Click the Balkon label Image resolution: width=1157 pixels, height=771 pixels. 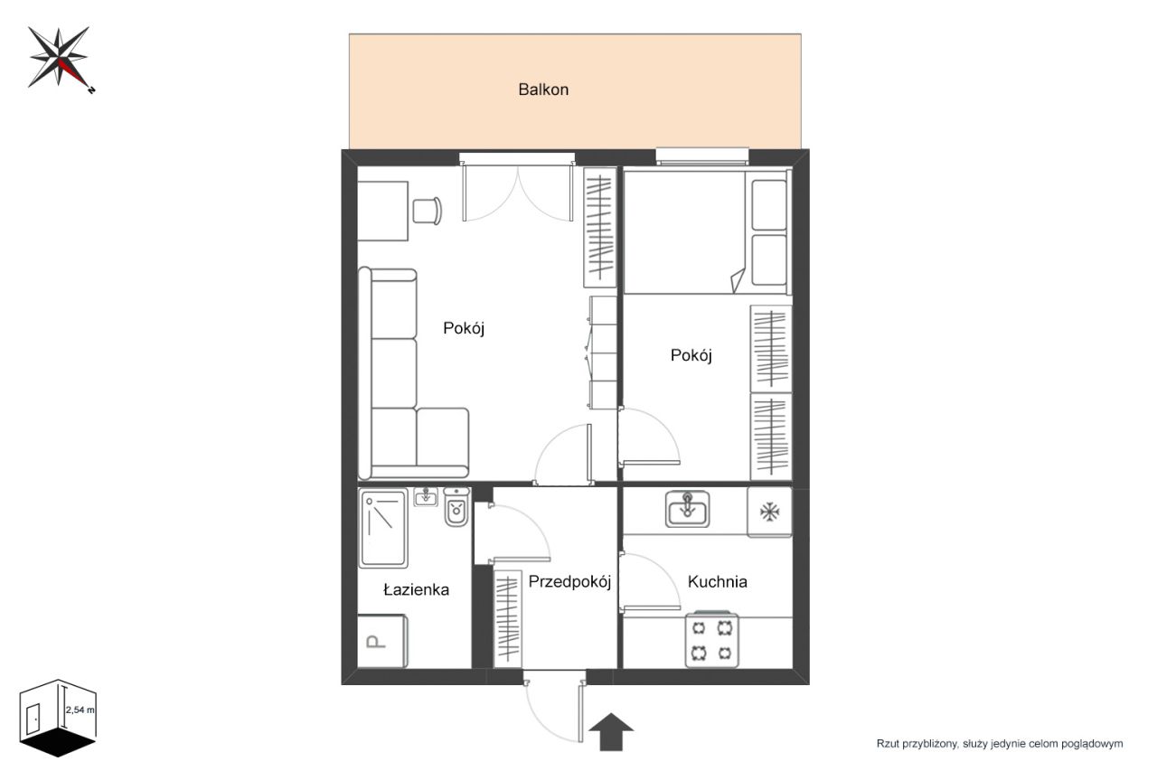coord(543,89)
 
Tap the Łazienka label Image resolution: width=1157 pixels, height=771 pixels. coord(416,589)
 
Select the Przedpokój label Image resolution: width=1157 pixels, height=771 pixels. coord(569,582)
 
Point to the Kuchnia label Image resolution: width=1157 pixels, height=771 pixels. coord(717,581)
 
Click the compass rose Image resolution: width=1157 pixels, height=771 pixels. coord(60,58)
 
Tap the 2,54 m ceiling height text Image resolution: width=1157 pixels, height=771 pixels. coord(80,710)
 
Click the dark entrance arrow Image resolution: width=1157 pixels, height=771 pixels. coord(611,732)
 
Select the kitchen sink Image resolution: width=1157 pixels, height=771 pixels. coord(687,509)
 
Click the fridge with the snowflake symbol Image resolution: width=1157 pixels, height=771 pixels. coord(769,512)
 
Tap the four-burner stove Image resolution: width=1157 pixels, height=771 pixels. coord(711,639)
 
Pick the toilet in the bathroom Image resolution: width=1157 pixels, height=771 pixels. coord(456,507)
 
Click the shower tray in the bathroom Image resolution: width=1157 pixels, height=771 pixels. coord(383,528)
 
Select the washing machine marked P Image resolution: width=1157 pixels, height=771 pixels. coord(382,641)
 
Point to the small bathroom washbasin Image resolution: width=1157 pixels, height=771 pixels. coord(426,497)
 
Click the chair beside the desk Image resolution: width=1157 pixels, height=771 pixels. coord(428,211)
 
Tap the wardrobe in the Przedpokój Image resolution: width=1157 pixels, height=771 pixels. coord(508,618)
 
